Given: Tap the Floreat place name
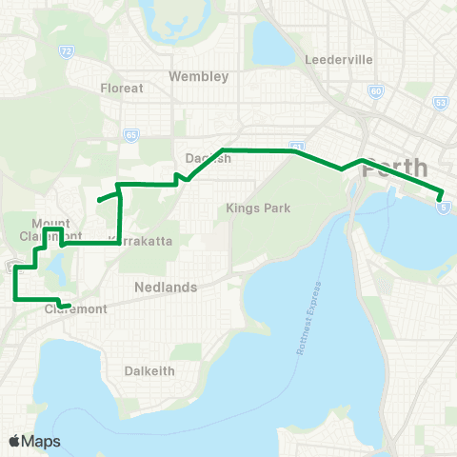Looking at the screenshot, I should click(x=122, y=88).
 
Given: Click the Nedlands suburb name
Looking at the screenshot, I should click(x=166, y=287).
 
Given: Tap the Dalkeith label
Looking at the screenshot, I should click(x=149, y=370).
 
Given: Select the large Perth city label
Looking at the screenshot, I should click(x=396, y=168).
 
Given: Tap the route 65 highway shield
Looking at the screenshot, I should click(x=130, y=136).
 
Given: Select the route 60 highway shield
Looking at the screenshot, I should click(x=377, y=91).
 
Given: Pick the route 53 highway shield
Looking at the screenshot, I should click(x=440, y=102).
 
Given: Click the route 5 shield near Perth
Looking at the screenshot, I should click(x=444, y=206).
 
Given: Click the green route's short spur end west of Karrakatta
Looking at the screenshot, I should click(x=98, y=200).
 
